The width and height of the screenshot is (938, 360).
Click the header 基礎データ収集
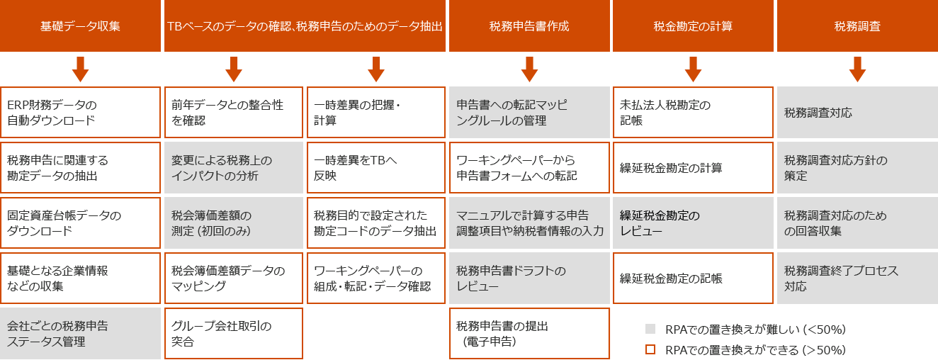[x=81, y=26]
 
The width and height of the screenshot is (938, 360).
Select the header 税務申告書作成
[x=529, y=26]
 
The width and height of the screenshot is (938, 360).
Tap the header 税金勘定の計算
[x=693, y=26]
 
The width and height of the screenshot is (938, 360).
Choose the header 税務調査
[x=857, y=26]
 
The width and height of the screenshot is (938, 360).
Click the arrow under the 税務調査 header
[x=857, y=69]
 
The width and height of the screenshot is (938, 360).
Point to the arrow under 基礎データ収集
[x=81, y=69]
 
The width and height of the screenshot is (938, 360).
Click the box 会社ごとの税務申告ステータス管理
[x=81, y=334]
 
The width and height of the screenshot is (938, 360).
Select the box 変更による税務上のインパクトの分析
[x=234, y=168]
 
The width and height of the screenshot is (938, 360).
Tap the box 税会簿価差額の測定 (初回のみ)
[x=234, y=223]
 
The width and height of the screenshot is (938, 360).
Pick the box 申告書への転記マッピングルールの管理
[x=529, y=113]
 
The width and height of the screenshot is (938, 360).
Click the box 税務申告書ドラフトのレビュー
[x=529, y=279]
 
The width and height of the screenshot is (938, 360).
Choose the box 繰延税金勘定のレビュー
[x=693, y=223]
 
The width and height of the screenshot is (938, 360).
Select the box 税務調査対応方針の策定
[x=857, y=168]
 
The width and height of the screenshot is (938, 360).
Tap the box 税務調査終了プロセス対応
[x=857, y=279]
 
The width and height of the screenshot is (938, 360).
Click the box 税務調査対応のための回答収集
[x=857, y=223]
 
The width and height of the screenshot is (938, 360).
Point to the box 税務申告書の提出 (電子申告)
[x=529, y=334]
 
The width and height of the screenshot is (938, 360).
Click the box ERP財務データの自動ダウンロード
[x=81, y=113]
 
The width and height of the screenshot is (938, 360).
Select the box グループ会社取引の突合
[x=234, y=334]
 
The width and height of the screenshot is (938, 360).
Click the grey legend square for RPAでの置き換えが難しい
[x=650, y=329]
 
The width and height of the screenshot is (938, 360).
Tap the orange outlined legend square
[x=650, y=349]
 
